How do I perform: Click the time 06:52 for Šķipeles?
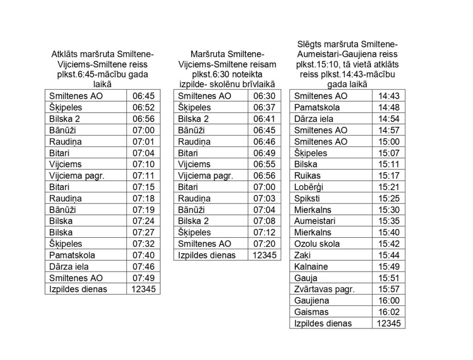(143, 108)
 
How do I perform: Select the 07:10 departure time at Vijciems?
(143, 164)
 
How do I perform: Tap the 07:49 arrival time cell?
(143, 278)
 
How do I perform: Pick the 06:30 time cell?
(264, 96)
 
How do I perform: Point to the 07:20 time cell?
(264, 244)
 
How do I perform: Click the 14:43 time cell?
(388, 96)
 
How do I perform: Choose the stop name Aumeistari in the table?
(315, 221)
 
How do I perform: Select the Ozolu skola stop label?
(317, 244)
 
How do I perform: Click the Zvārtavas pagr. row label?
(324, 289)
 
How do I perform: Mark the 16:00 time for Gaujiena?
(388, 300)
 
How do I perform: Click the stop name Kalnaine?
(311, 266)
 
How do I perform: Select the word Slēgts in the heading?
(309, 44)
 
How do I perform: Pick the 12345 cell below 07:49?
(143, 289)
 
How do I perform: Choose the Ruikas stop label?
(307, 176)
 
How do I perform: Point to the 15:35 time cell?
(388, 221)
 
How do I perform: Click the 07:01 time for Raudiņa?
(143, 142)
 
